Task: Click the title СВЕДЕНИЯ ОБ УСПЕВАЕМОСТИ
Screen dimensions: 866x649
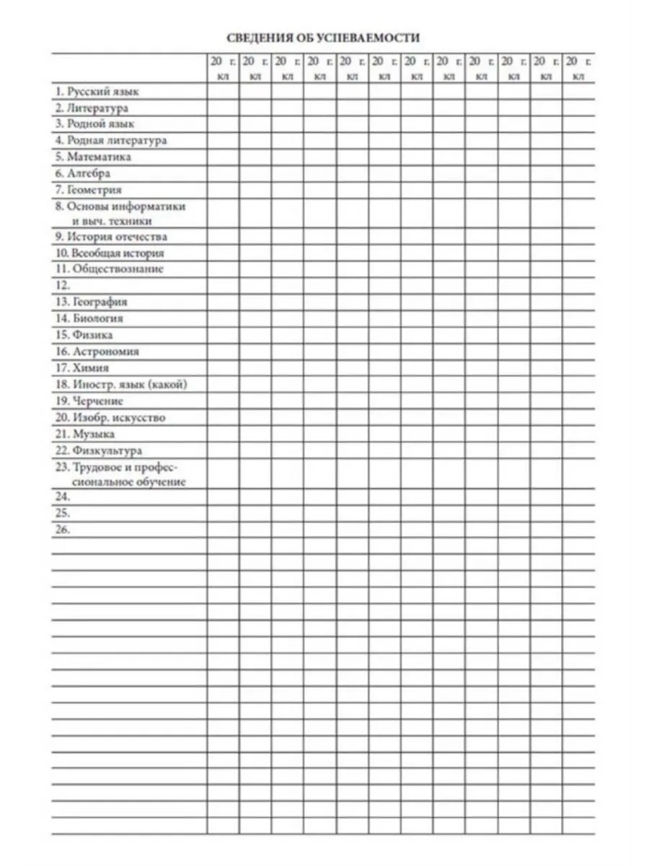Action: (x=323, y=38)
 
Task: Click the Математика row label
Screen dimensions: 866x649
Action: (x=94, y=157)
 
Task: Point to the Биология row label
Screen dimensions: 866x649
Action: (x=89, y=318)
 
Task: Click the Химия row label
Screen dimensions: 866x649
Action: (x=82, y=368)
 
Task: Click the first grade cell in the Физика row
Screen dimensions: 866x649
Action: (x=223, y=335)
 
